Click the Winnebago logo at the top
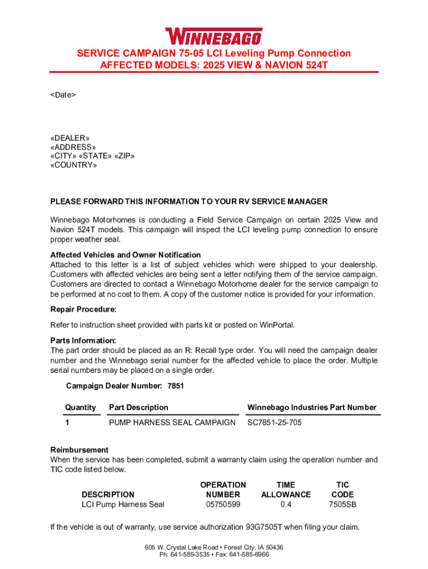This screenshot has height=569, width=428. point(214,36)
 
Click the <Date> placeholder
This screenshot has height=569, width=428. point(63,95)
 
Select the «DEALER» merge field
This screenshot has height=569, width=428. point(69,138)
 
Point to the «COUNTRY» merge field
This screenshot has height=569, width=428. point(73,166)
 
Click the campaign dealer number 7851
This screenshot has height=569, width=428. point(175,386)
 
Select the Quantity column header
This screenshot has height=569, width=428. point(81,407)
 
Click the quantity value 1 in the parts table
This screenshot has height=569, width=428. point(67,423)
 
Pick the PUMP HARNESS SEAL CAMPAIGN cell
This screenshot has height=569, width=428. point(172,423)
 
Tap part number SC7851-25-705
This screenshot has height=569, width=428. point(275,423)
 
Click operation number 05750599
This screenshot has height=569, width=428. point(223,505)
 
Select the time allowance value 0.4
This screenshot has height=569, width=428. point(286,505)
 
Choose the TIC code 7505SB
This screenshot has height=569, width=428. point(342,505)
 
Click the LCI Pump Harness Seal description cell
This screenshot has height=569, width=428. point(123,505)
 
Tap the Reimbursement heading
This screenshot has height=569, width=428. point(79,450)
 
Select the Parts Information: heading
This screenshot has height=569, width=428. point(83,340)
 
